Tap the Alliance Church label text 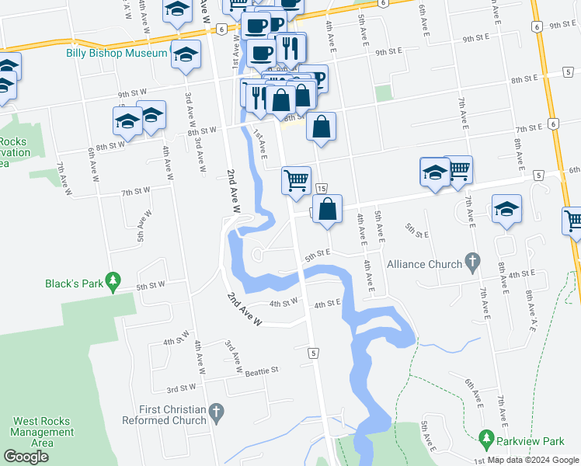click(424, 264)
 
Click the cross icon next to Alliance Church click(472, 263)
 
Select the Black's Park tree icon click(113, 279)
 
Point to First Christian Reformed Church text click(164, 414)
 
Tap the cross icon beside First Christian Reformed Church click(217, 414)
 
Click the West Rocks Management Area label click(43, 432)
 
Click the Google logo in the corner click(26, 457)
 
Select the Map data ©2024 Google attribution click(532, 461)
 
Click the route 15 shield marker click(321, 189)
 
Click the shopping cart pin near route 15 click(296, 180)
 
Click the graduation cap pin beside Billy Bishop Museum click(185, 57)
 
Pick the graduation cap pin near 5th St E click(506, 209)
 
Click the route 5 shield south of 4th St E click(314, 353)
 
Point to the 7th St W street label click(134, 191)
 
